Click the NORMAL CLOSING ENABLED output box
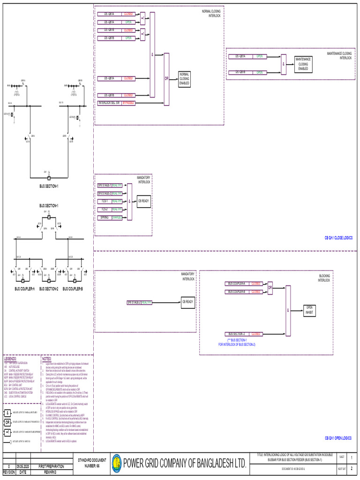pos(184,79)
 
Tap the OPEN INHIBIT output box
pos(309,310)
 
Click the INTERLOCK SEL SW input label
pos(109,103)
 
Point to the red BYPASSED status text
pos(128,103)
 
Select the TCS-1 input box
pos(104,201)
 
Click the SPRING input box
pos(104,217)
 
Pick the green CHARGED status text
pos(117,217)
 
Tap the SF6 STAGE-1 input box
pos(104,185)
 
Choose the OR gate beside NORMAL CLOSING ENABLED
pos(166,79)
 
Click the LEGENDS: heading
pos(11,358)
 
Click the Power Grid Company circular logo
pos(115,464)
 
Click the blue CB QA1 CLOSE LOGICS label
pos(338,239)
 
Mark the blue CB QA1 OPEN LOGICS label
pos(338,437)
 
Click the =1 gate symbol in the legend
pos(7,431)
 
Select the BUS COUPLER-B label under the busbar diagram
pos(73,289)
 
